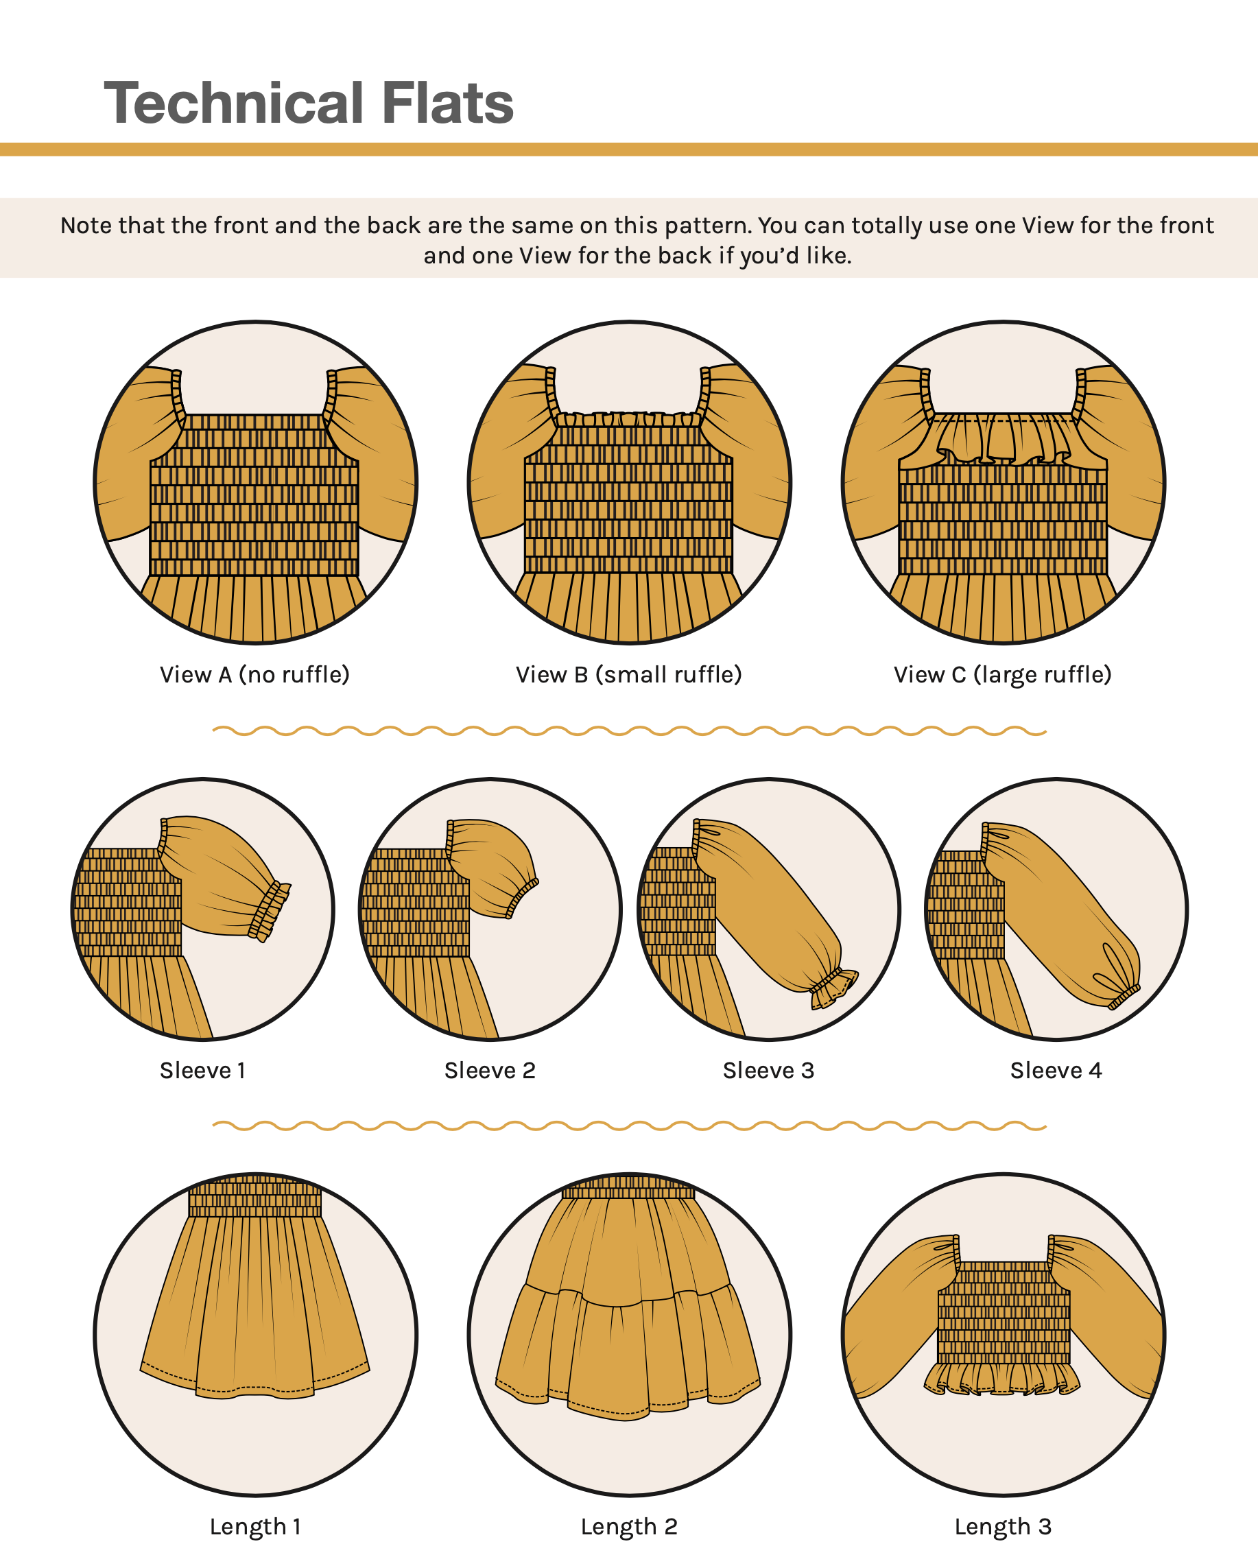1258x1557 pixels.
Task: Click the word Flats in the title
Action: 448,103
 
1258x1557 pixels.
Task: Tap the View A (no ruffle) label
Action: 255,674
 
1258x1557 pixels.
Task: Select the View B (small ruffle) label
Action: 629,674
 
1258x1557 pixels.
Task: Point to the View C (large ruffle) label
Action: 1003,674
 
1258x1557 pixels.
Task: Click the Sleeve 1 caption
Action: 203,1070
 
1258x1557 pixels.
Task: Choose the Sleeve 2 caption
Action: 490,1070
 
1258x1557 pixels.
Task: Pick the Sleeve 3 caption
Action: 769,1070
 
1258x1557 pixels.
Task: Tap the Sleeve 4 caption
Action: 1056,1070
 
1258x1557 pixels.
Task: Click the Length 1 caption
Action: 255,1527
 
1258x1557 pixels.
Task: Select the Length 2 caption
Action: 629,1527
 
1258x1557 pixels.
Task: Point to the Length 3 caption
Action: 1003,1527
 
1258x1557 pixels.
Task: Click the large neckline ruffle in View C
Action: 1003,440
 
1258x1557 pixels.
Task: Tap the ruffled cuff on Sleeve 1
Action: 270,911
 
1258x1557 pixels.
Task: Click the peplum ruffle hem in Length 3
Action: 1003,1379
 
